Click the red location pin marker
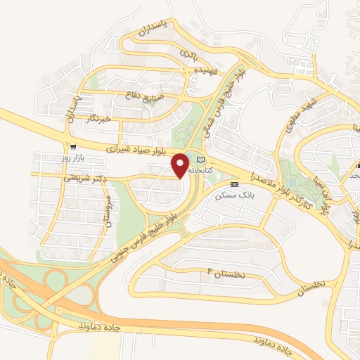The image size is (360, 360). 180,166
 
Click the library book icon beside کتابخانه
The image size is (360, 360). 201,160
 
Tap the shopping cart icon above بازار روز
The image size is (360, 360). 73,147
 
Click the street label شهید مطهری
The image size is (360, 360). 305,113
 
